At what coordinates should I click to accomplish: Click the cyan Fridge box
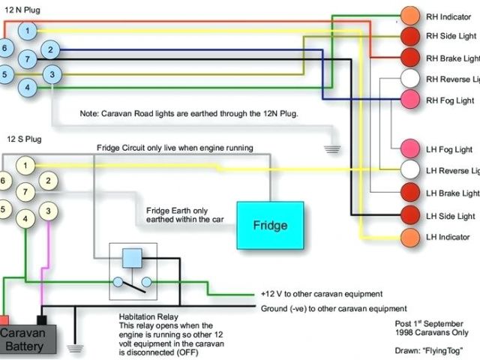[270, 225]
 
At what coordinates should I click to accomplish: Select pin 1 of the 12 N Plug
[27, 31]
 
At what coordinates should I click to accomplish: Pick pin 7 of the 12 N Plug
[27, 58]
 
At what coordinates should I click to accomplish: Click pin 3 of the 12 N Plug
[51, 74]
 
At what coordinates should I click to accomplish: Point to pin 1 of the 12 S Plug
[25, 165]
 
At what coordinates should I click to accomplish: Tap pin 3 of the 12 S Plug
[49, 211]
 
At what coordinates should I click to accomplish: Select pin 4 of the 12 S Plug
[25, 219]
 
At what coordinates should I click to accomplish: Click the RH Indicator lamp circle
[409, 16]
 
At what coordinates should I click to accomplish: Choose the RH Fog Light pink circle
[409, 99]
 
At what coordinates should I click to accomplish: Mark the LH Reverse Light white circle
[409, 170]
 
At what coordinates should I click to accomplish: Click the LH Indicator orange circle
[409, 237]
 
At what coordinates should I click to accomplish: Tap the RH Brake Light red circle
[409, 58]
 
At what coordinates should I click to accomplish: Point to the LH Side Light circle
[409, 216]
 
